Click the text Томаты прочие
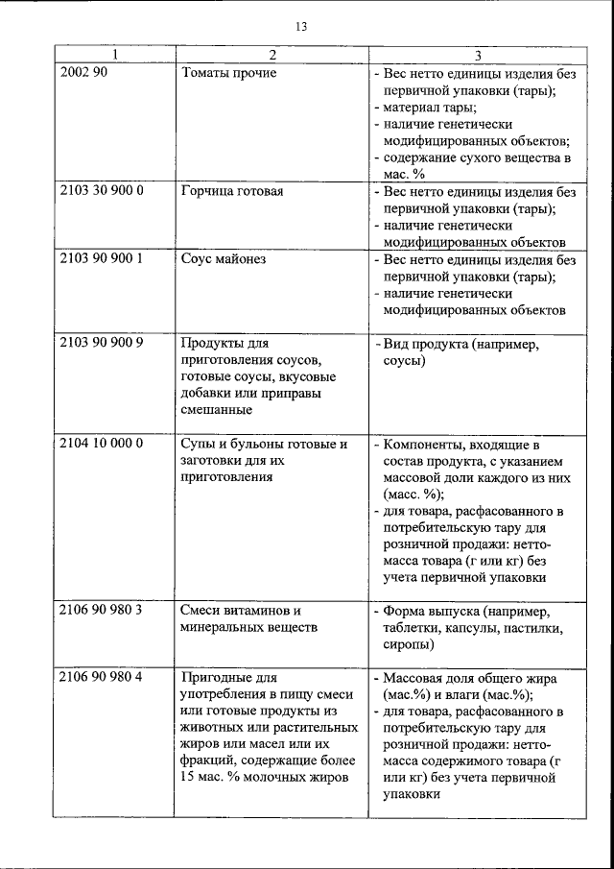coord(228,73)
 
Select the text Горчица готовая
coord(231,190)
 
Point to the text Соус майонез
coord(223,259)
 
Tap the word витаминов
coord(260,611)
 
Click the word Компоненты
coord(424,444)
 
